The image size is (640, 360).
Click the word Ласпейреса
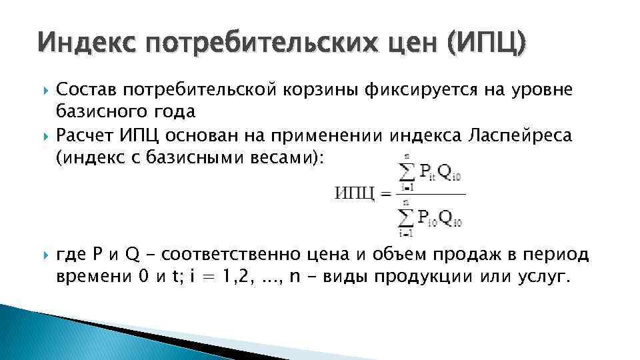coord(517,137)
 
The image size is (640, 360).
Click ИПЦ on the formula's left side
coord(353,193)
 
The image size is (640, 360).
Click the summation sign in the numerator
coord(405,173)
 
